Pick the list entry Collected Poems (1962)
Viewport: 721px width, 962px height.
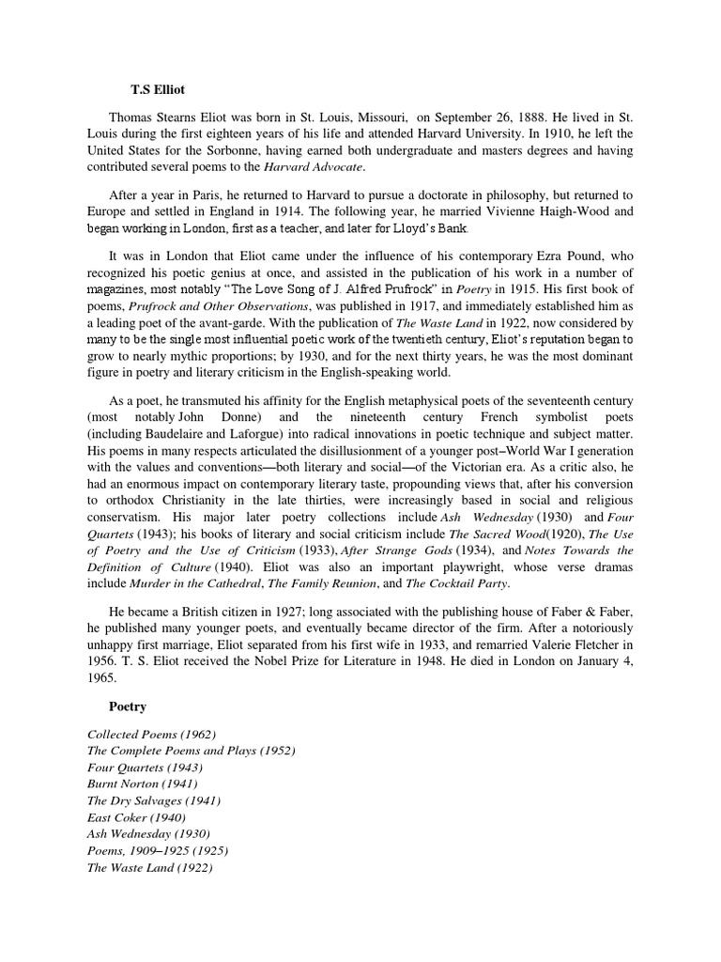point(150,733)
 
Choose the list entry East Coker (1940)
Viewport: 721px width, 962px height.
point(136,817)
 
